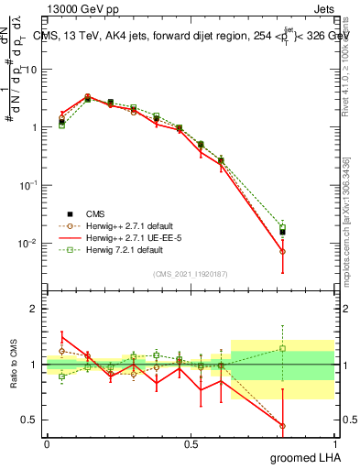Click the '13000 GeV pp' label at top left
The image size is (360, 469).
pos(77,8)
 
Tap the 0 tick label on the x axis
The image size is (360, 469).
pos(47,443)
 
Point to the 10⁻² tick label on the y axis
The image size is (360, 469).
pos(27,243)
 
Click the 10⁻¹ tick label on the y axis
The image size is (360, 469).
pos(27,185)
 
